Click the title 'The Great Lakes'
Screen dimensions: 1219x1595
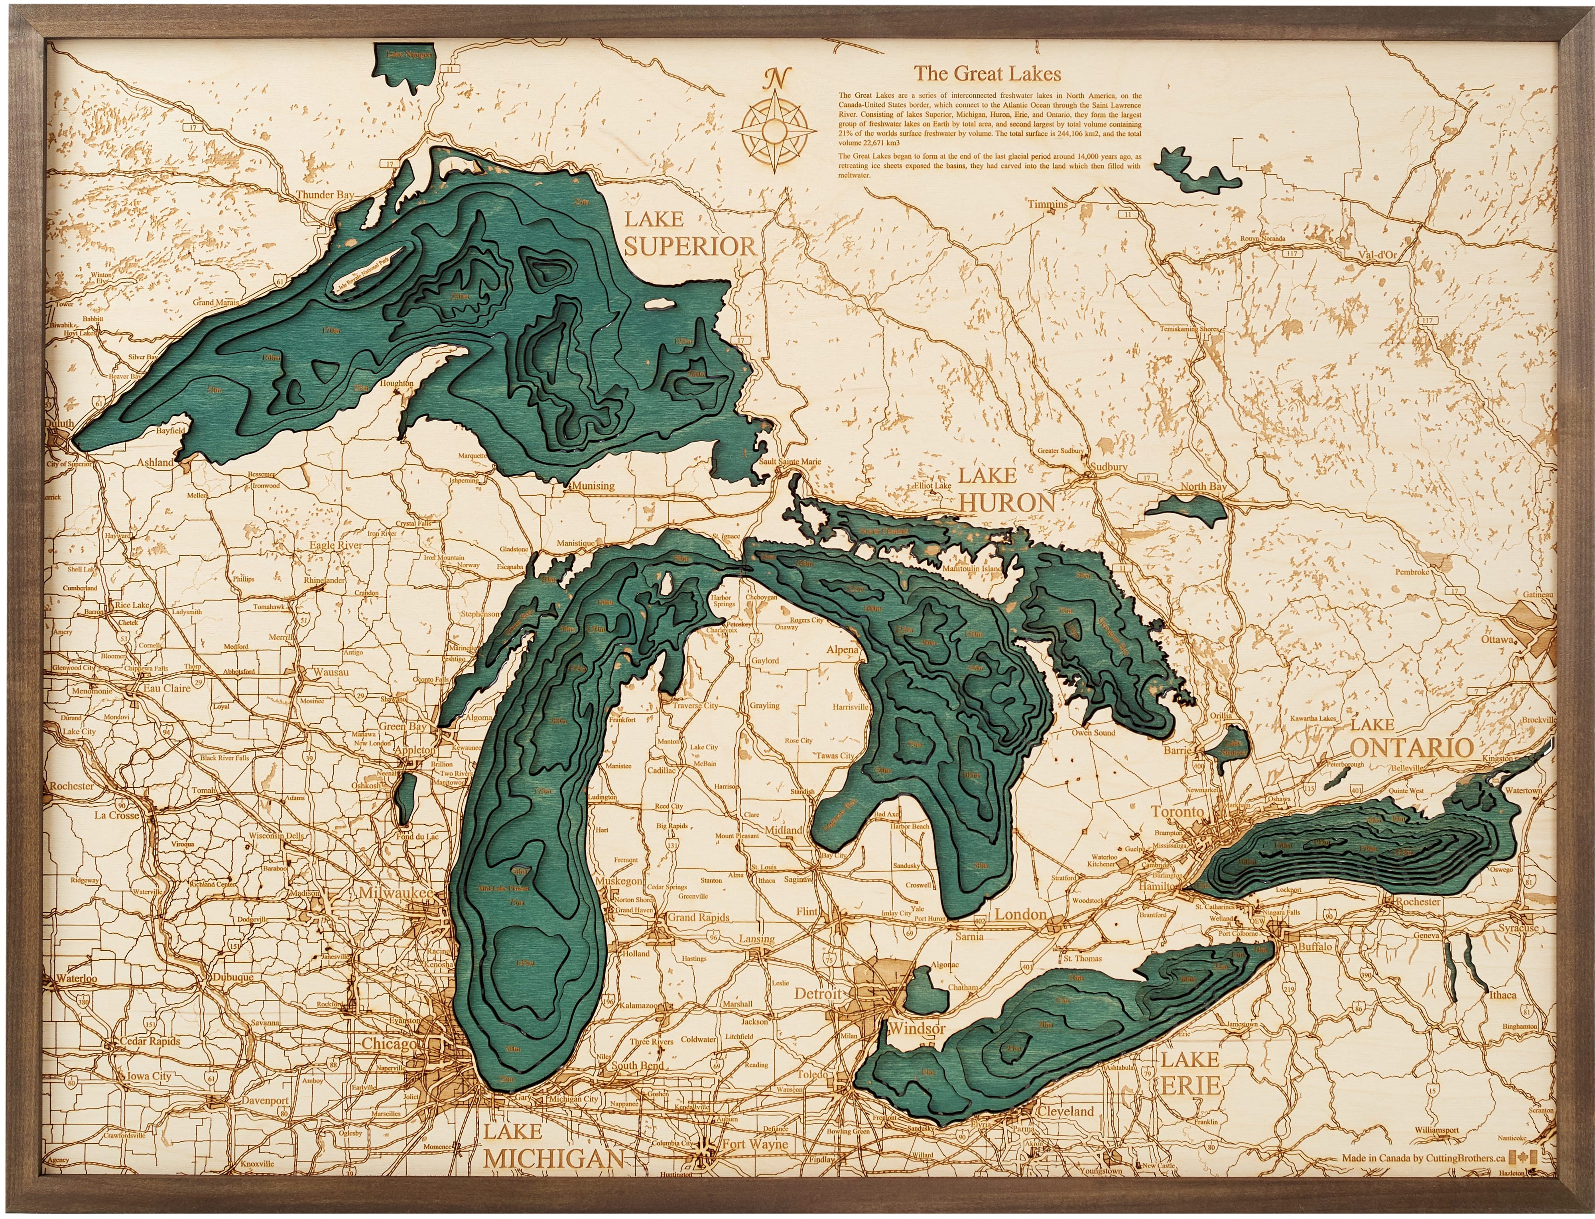click(987, 73)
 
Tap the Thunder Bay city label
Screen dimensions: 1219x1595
click(324, 195)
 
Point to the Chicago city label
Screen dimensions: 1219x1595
click(389, 1043)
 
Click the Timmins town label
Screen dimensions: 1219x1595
click(1047, 204)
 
